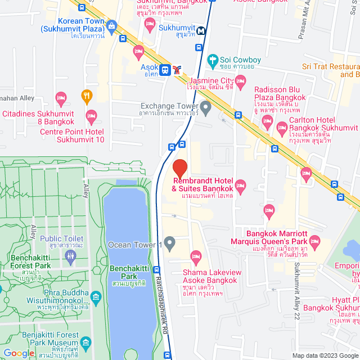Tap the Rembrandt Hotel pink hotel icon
pos(241,185)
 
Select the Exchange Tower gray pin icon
pos(206,106)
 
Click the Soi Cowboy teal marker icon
pos(212,60)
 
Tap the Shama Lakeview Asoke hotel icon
pos(196,257)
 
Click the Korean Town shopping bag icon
pos(112,26)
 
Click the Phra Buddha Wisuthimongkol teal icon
pos(96,296)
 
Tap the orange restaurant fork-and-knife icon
pos(86,96)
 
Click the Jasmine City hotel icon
pos(241,83)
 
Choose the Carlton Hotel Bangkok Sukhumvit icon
pos(282,130)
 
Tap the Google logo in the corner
pos(19,353)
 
